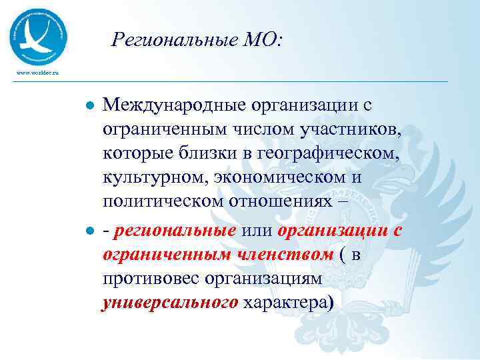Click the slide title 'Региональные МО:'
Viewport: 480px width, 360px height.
(x=197, y=41)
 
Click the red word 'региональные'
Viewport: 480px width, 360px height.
(x=175, y=231)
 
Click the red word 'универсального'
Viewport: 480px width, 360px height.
(x=169, y=304)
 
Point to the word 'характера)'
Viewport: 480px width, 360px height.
(x=288, y=304)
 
